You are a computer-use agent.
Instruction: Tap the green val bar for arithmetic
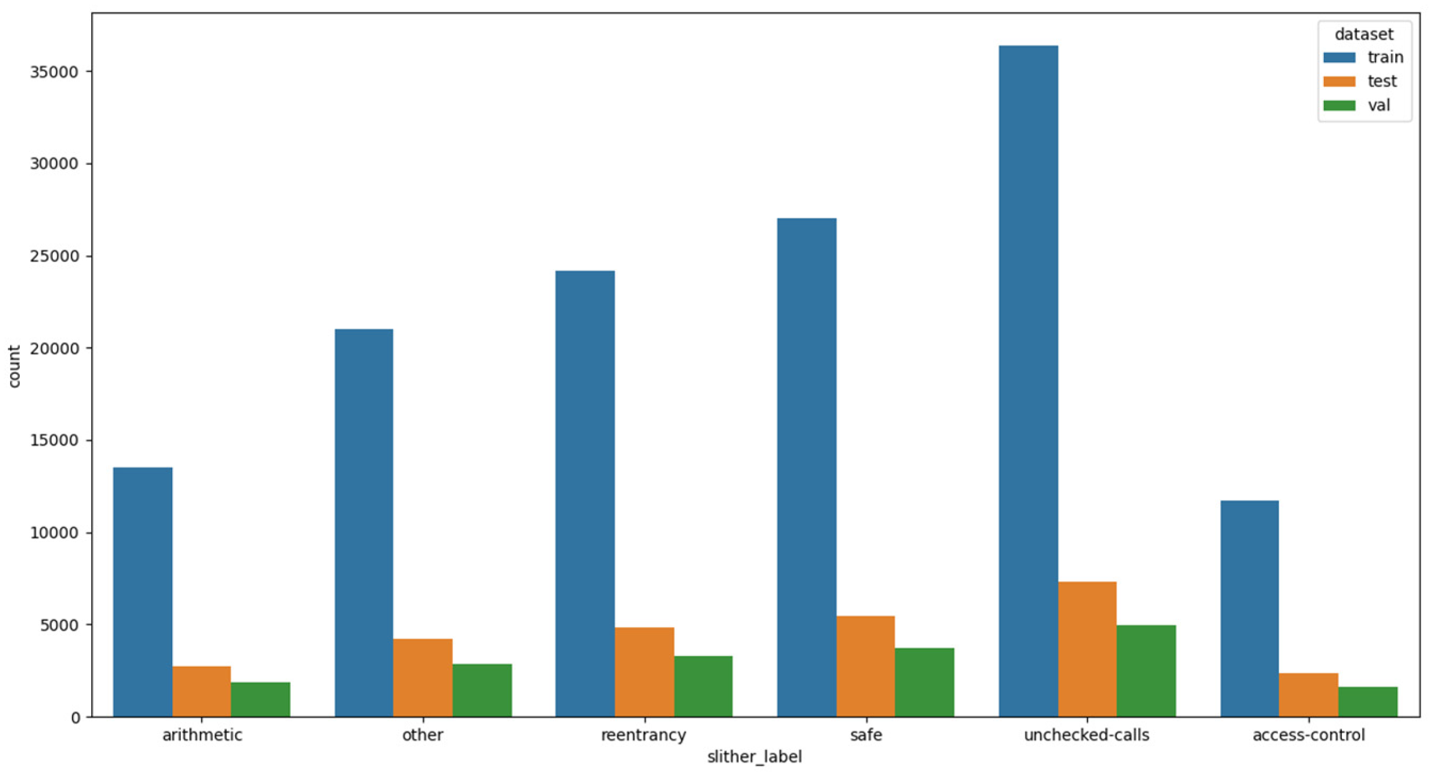coord(261,700)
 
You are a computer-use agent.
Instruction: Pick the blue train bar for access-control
coord(1250,609)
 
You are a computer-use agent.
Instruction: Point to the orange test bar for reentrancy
coord(644,672)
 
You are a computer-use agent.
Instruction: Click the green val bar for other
coord(482,690)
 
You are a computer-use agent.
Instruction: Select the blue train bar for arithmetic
coord(143,592)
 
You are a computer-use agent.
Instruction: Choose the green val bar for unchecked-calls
coord(1146,671)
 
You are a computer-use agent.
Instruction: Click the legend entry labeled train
coord(1385,57)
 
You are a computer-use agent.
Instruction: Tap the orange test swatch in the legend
coord(1339,82)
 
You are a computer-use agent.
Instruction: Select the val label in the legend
coord(1379,105)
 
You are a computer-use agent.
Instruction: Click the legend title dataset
coord(1364,34)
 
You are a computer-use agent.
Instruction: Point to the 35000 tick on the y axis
coord(54,72)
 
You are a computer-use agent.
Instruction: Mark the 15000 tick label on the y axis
coord(54,440)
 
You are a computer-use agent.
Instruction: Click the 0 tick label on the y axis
coord(75,718)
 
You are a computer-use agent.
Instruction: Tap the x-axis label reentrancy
coord(644,735)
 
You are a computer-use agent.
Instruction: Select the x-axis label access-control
coord(1309,735)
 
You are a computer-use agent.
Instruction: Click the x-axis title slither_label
coord(755,757)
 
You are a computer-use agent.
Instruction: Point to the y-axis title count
coord(14,366)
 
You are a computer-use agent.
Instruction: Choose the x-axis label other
coord(423,735)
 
